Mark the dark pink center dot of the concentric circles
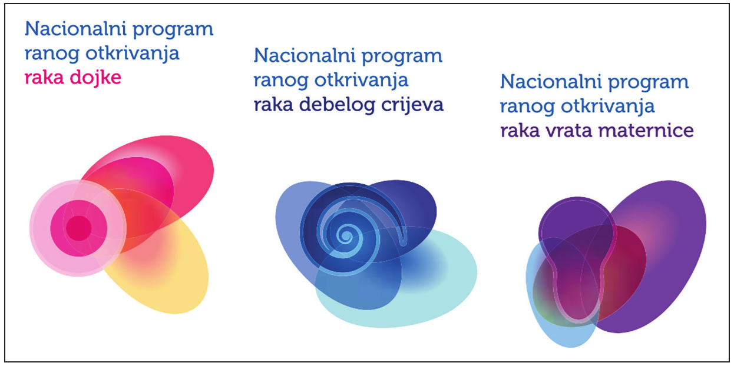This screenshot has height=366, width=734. coord(79,228)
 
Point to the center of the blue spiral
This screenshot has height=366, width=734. coord(345,235)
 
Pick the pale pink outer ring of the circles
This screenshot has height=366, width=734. coord(39,228)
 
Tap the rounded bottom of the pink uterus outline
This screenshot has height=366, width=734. coord(578,320)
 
